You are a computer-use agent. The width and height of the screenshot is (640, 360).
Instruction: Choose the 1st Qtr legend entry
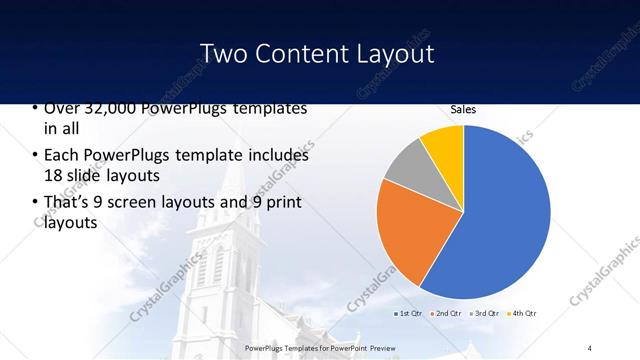[x=407, y=314]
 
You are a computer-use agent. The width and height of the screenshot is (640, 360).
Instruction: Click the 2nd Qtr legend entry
[x=445, y=314]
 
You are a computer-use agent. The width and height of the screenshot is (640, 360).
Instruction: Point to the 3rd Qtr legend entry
[x=484, y=314]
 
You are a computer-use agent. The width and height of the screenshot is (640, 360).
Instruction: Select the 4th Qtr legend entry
[x=522, y=314]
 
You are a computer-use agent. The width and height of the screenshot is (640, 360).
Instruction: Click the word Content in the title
[x=303, y=52]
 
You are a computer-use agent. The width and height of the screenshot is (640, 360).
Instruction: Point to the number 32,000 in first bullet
[x=96, y=108]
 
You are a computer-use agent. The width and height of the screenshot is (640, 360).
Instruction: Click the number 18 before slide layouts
[x=53, y=175]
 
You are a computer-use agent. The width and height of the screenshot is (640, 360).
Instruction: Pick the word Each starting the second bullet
[x=61, y=156]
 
